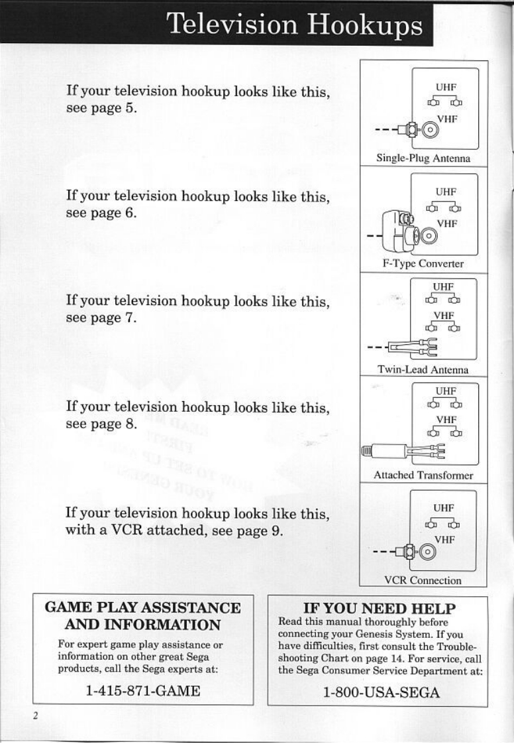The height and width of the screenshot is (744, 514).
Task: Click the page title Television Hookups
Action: (x=295, y=25)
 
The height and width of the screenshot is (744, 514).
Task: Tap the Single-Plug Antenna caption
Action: (x=423, y=158)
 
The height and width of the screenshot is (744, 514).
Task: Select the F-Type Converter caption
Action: (x=423, y=263)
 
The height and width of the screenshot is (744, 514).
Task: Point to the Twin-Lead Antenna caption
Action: (x=423, y=369)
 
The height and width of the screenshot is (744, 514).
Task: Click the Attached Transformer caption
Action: (x=423, y=475)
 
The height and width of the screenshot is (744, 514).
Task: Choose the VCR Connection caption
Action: (x=423, y=580)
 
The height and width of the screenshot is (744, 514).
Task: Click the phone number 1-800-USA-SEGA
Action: (x=381, y=692)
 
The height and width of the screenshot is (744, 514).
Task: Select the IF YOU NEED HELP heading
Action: (x=379, y=608)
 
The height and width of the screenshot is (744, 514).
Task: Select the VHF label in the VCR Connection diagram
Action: (x=443, y=539)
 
